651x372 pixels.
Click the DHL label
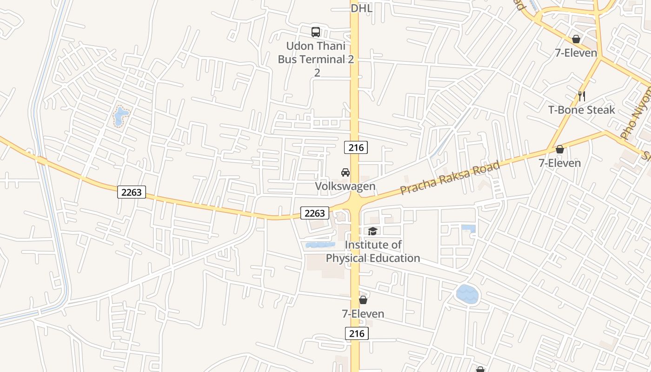[362, 8]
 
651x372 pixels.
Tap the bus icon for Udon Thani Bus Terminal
[316, 32]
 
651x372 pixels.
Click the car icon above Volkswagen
[345, 172]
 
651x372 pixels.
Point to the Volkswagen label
[345, 186]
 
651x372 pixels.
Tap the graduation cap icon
[372, 231]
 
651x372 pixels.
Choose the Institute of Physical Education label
[373, 251]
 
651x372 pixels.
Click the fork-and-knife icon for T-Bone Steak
[581, 96]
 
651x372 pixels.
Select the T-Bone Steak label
[581, 110]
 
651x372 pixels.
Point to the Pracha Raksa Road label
[450, 178]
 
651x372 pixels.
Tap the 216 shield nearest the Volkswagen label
[356, 147]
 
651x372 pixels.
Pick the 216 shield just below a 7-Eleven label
[357, 333]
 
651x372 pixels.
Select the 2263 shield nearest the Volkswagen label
[315, 213]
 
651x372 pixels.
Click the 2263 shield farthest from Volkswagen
[132, 192]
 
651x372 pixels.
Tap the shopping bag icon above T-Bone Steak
[576, 39]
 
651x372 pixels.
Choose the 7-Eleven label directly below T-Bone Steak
[559, 163]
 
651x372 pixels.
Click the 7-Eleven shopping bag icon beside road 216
[363, 300]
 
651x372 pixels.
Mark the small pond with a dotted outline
[121, 116]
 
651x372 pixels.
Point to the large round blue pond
[467, 294]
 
